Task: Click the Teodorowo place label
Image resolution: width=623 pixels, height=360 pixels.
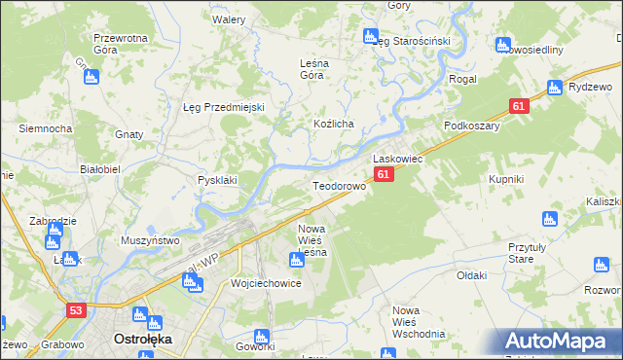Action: coord(338,185)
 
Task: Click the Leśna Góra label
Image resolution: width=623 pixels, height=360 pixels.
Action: coord(312,69)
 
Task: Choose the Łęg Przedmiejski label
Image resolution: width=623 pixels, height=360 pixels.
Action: coord(224,107)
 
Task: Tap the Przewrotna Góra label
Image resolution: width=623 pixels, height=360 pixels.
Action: coord(120,45)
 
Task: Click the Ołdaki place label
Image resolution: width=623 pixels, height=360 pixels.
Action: coord(471,275)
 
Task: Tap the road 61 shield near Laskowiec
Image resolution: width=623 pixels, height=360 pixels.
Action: coord(385,174)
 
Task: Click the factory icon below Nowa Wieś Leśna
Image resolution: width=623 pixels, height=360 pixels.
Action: coord(297,260)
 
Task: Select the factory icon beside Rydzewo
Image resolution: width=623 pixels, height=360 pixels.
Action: coord(555,87)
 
